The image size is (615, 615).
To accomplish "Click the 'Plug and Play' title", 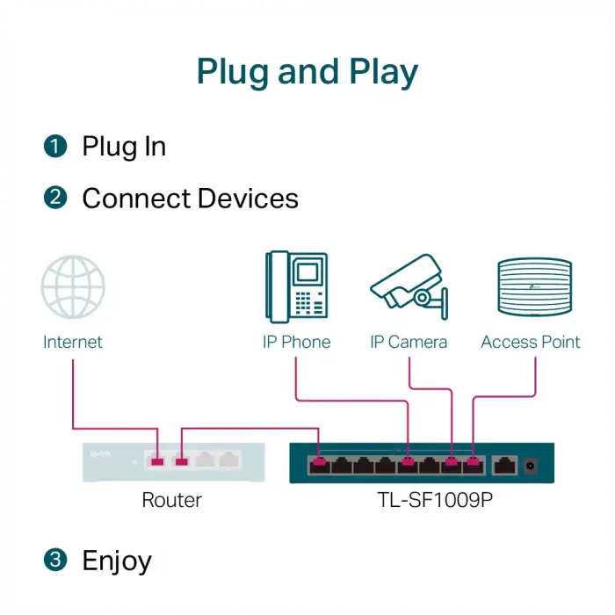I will click(x=307, y=71).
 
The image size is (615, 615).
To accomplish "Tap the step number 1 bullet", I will click(x=55, y=147).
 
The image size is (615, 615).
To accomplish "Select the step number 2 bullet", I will click(x=55, y=198).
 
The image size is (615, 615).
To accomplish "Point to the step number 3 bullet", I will click(x=55, y=560).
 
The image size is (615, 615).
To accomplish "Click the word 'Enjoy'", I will click(x=117, y=561).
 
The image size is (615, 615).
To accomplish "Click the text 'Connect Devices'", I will click(x=190, y=199).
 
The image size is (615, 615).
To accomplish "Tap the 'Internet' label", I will click(x=73, y=342).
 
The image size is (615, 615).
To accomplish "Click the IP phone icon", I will click(x=296, y=285).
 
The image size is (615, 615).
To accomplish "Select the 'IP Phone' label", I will click(x=296, y=342).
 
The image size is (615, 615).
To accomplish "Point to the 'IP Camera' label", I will click(x=409, y=342).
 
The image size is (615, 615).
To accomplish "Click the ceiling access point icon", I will click(x=530, y=286).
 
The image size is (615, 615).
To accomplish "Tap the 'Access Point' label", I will click(x=531, y=342).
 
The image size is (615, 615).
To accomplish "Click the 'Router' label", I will click(x=172, y=500).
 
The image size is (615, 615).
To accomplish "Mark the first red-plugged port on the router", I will click(x=158, y=460).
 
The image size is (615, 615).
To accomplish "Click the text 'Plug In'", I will click(x=124, y=147).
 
